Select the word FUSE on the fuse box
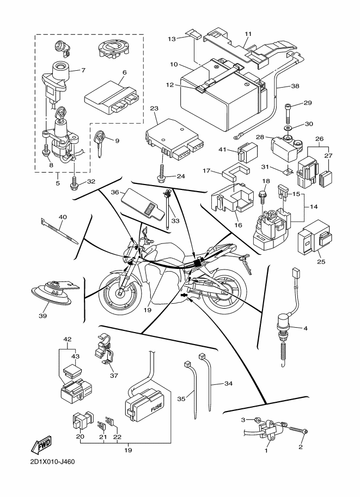click(156, 407)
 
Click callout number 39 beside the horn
click(42, 316)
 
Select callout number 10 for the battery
click(174, 64)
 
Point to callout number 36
click(115, 192)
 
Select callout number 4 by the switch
click(305, 328)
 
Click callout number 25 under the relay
click(321, 262)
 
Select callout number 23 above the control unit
click(154, 108)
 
